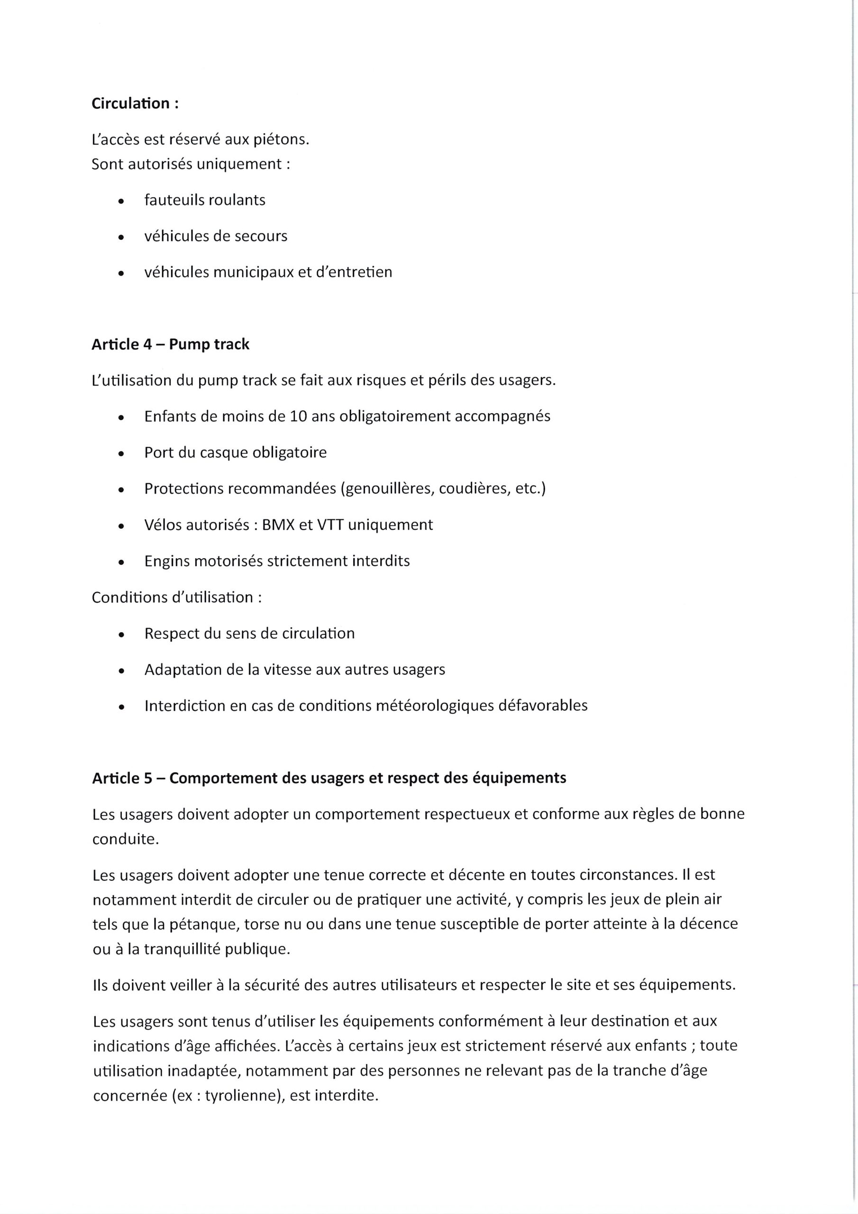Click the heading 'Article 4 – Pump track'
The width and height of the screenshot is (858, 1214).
click(x=170, y=344)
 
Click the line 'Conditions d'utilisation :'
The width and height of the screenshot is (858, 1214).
click(x=176, y=598)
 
